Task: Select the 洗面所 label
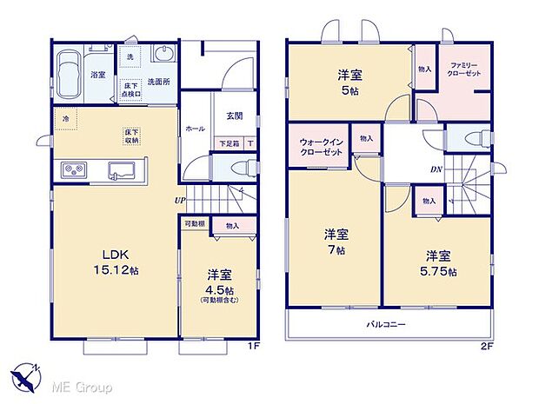pos(157,81)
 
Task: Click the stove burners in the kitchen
pos(72,168)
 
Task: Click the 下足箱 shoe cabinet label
pos(229,143)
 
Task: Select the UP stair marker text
pos(178,201)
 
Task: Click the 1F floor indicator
pos(254,346)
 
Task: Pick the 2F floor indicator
pos(486,346)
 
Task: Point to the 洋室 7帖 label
pos(337,241)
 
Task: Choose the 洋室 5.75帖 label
pos(438,262)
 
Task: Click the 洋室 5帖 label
pos(349,82)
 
